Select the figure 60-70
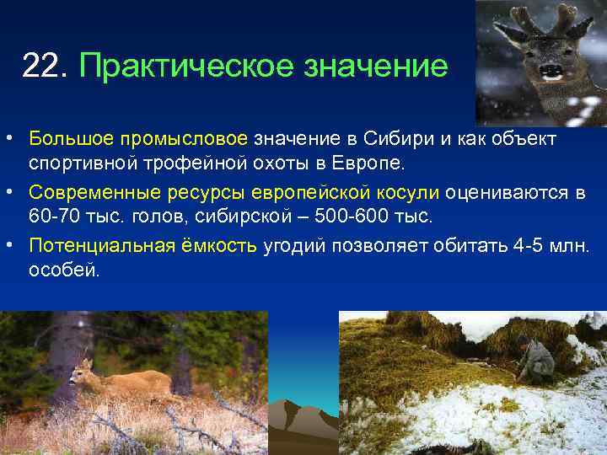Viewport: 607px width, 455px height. coord(53,217)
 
